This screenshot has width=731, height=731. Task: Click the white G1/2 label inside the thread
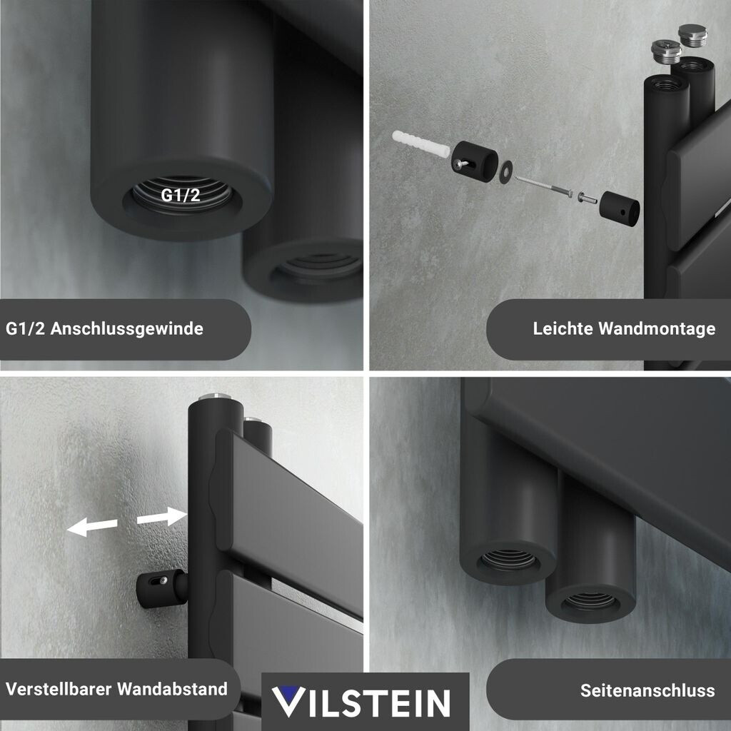(181, 195)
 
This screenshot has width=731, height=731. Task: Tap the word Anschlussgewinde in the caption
(127, 328)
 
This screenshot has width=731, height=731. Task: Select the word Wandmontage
(657, 328)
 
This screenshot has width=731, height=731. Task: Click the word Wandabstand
(173, 689)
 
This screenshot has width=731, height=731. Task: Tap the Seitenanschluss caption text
(647, 690)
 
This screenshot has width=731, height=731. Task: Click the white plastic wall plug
(421, 144)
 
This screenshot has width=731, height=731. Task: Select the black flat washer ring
(506, 173)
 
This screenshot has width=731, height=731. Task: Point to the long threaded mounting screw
(543, 185)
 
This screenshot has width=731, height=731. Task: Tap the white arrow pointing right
(162, 517)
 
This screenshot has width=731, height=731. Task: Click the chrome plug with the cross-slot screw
(666, 52)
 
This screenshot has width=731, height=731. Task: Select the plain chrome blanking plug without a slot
(692, 34)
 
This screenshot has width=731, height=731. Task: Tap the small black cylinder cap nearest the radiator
(619, 208)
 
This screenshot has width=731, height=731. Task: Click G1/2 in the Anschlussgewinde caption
(26, 328)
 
